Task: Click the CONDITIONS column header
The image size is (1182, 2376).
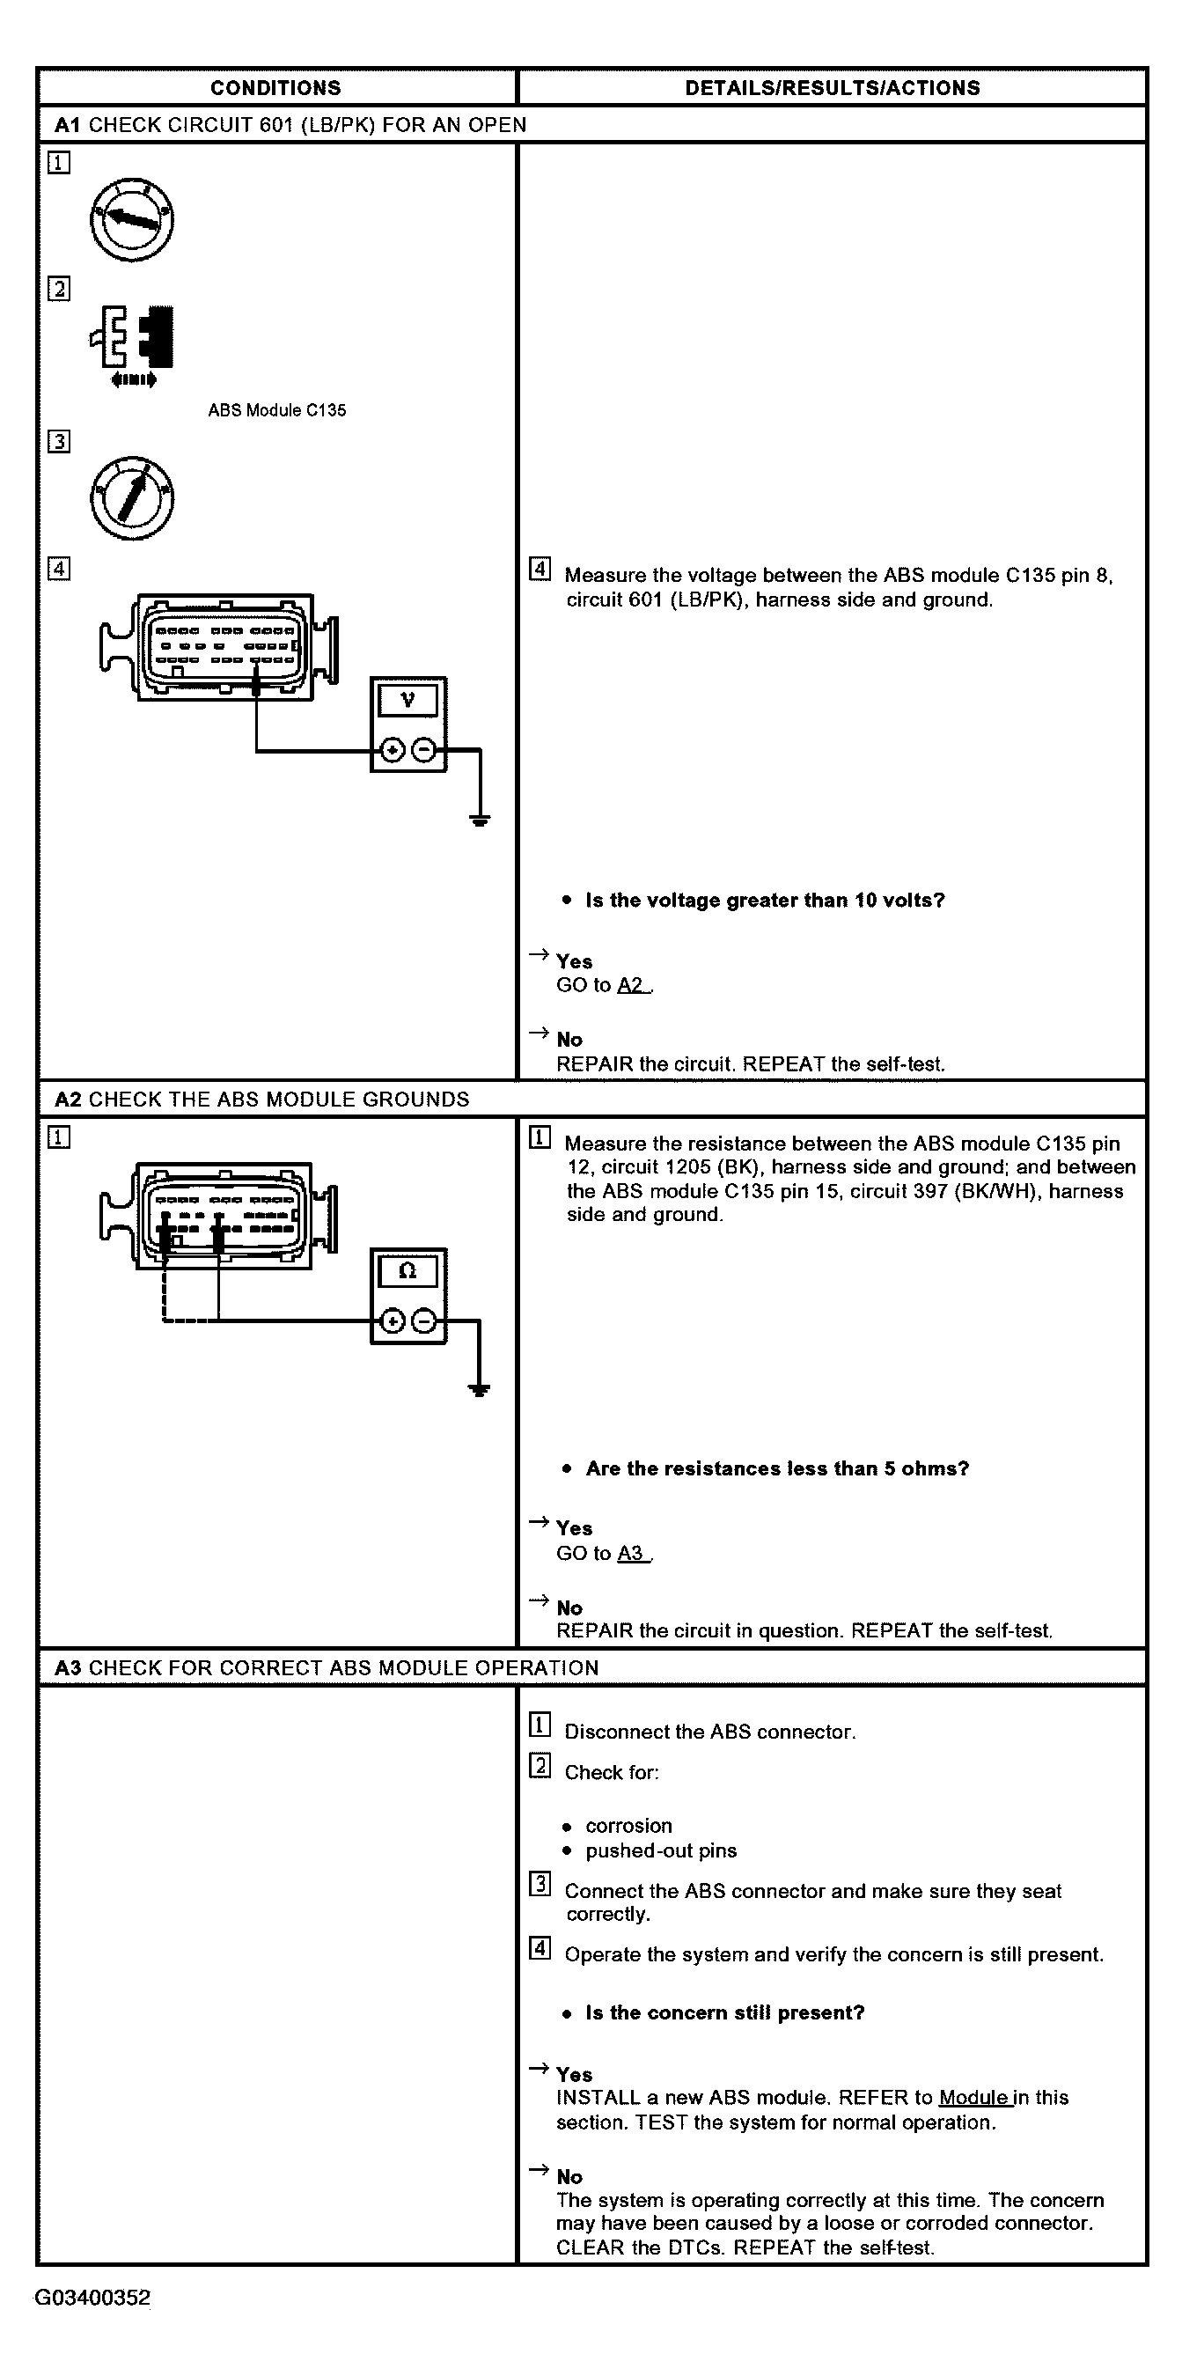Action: [275, 88]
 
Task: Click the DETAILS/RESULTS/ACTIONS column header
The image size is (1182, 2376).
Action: [832, 88]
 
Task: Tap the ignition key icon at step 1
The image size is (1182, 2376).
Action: [132, 219]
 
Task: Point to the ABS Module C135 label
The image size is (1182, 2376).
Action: [276, 410]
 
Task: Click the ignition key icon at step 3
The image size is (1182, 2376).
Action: [132, 498]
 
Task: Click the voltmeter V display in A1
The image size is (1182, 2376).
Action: [407, 700]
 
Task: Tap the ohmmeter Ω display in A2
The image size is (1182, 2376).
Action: [407, 1271]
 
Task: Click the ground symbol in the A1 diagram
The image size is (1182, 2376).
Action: [480, 818]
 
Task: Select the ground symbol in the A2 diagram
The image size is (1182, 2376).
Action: [480, 1389]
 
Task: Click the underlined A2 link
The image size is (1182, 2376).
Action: [631, 985]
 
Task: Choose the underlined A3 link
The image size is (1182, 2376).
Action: [631, 1553]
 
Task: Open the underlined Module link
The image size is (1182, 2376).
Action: [973, 2098]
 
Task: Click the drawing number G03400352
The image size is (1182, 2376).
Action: [92, 2298]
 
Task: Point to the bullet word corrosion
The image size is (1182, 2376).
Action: [628, 1825]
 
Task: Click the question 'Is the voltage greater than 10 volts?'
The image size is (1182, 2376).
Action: [765, 901]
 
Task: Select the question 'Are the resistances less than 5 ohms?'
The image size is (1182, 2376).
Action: [777, 1468]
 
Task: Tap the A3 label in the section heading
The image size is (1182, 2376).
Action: [69, 1667]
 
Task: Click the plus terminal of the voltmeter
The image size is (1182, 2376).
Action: [393, 751]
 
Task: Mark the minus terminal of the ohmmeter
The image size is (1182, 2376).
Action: [424, 1321]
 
